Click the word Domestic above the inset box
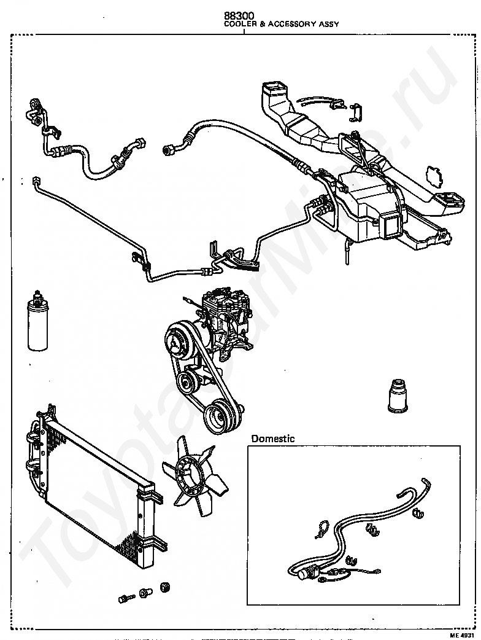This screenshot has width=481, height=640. pos(272,439)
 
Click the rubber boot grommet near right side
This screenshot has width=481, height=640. pos(398,396)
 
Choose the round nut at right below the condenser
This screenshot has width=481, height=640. pos(165,588)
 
